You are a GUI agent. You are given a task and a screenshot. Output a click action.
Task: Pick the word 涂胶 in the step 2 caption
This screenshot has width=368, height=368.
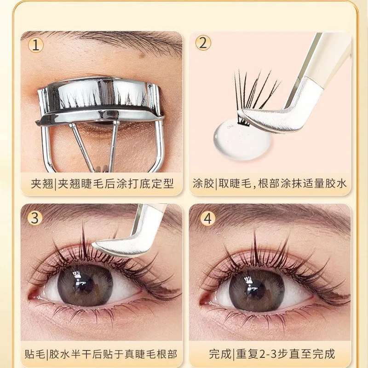[x=203, y=184]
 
